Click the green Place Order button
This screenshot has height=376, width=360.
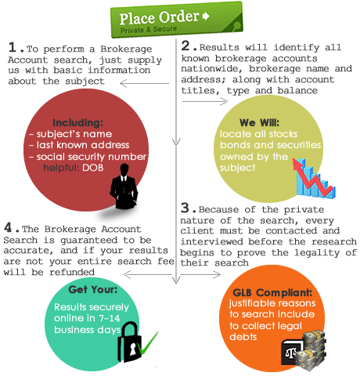[x=177, y=20]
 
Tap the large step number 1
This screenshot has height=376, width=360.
[x=13, y=47]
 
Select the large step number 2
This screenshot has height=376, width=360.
[x=185, y=45]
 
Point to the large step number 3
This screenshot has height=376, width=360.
[x=185, y=208]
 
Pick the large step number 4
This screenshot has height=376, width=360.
[x=8, y=227]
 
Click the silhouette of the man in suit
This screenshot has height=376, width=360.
[x=124, y=186]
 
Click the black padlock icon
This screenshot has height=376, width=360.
[x=129, y=342]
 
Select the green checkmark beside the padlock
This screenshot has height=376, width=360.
[x=148, y=343]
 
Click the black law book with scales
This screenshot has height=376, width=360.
[x=291, y=352]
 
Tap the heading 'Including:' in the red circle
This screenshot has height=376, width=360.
[x=78, y=122]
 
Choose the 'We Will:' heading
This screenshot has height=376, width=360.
[x=259, y=122]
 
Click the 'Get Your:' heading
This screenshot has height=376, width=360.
[x=93, y=290]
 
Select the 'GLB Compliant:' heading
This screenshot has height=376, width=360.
[x=272, y=293]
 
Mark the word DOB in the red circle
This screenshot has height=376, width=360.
[x=93, y=168]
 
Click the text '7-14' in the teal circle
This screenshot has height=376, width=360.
[x=110, y=318]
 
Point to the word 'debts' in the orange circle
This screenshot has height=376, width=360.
[x=243, y=337]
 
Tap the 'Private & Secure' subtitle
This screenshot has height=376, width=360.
[x=149, y=29]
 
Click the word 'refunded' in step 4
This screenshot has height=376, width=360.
[x=72, y=272]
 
